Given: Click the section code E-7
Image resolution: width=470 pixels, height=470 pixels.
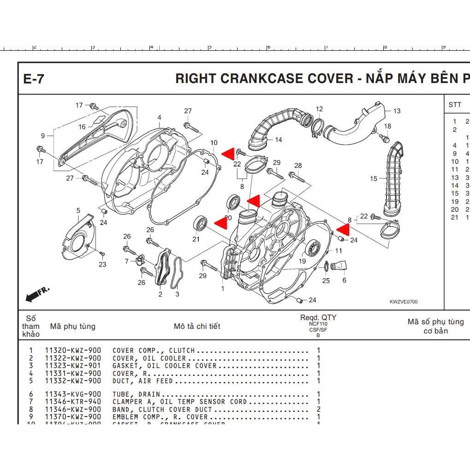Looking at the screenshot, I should pos(34,79).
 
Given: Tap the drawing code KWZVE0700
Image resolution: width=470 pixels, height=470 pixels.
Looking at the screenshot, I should pos(404,302).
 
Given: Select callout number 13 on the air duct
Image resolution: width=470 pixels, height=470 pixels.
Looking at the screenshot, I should pos(397,111).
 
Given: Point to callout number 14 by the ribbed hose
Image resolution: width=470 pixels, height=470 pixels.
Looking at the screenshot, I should pos(278,140).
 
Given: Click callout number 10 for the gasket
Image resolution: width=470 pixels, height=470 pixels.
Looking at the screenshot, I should pos(214,143).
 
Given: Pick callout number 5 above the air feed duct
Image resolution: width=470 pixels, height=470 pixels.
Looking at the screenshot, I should pos(78,211).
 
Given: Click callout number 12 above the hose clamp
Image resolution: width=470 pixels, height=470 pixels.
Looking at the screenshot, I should pos(319,109).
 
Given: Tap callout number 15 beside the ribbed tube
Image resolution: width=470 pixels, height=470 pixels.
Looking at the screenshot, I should pos(373,178).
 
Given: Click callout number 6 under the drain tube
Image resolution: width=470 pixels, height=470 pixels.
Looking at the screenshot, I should pos(344,280).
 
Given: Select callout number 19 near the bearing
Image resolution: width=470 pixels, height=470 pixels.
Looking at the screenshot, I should pos(302,261).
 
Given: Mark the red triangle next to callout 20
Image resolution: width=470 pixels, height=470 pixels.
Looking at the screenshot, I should pos(220,222).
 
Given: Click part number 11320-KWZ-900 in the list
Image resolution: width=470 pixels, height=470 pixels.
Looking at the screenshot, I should pos(73,351).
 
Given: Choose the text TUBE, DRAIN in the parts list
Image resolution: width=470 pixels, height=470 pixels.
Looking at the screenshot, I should pos(136,394).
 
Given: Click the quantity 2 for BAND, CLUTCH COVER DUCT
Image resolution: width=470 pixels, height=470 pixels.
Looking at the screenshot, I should pos(318,410).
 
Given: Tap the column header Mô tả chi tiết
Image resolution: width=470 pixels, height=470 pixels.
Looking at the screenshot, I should pos(197,326).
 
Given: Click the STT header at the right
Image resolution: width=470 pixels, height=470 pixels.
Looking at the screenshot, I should pos(454,105).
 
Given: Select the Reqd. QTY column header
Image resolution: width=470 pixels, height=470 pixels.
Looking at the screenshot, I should pos(318,317).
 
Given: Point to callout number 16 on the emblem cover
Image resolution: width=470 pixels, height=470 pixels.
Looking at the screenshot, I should pos(82,126).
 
